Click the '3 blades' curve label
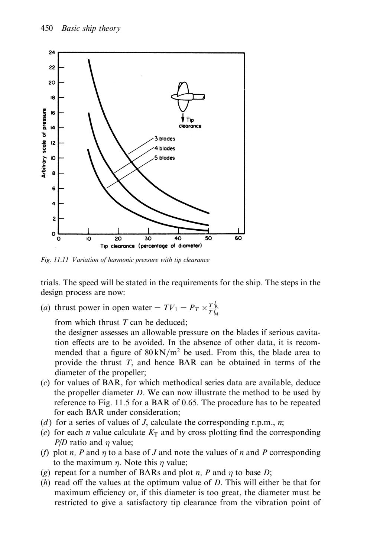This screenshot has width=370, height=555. [x=165, y=139]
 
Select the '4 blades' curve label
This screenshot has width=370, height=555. [x=165, y=148]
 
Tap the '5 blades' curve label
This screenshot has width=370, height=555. [x=165, y=158]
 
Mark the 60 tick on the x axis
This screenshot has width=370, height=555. [x=238, y=238]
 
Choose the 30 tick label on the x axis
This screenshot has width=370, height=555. [x=148, y=238]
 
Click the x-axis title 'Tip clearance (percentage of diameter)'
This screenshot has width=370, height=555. [x=151, y=246]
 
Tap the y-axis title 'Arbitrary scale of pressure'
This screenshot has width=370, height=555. [x=43, y=143]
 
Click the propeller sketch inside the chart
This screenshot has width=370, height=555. [x=187, y=96]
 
